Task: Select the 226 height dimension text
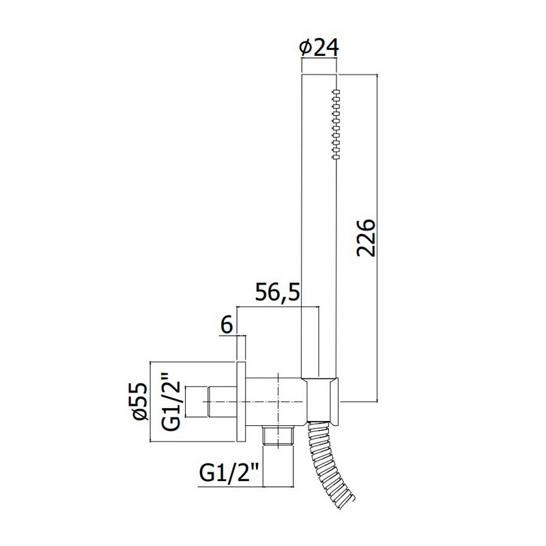(x=366, y=238)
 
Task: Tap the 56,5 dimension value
(x=277, y=292)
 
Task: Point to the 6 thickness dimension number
(x=227, y=326)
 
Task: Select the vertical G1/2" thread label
(x=171, y=401)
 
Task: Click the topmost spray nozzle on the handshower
(x=336, y=91)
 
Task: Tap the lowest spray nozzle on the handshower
(x=336, y=158)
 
